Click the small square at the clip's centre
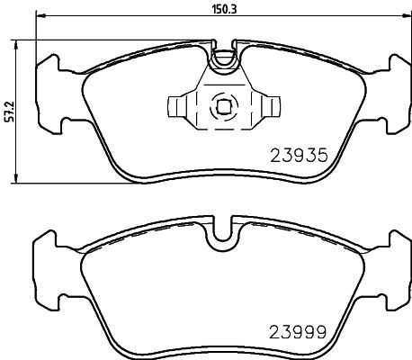click(220, 107)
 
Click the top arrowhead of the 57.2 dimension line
click(20, 41)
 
